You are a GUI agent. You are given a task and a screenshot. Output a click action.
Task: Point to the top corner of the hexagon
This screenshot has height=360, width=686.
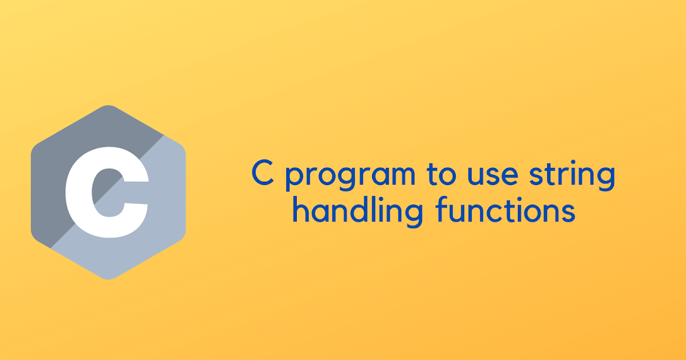108,107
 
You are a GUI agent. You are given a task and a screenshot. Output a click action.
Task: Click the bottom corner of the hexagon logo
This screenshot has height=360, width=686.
108,278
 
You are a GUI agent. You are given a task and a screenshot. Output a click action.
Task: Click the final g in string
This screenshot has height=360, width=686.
607,178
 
